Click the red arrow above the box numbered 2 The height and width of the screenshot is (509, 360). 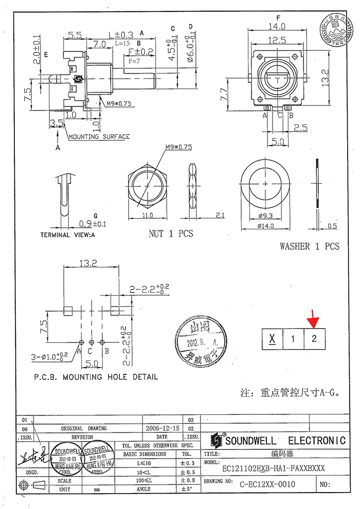[313, 320]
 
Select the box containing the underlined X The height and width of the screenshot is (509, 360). [272, 339]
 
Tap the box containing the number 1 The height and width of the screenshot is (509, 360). [293, 339]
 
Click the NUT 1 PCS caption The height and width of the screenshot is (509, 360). [171, 233]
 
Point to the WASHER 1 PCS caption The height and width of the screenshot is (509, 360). [310, 246]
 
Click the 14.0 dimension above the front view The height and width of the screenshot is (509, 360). [279, 27]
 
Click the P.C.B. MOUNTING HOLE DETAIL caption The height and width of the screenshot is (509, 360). [96, 377]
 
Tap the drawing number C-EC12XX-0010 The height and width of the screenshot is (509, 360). [268, 484]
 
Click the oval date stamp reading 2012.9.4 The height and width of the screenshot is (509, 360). [200, 341]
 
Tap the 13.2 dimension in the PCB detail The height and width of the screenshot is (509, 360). [89, 264]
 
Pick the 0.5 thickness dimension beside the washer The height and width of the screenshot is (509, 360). [332, 226]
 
